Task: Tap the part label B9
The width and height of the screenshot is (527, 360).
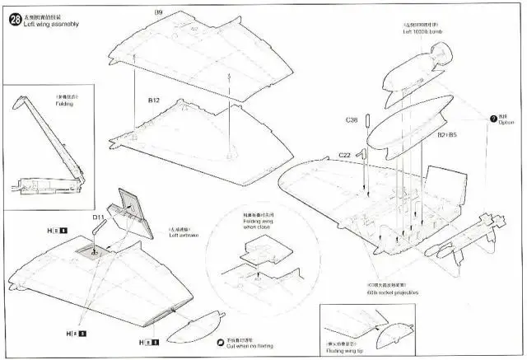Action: click(158, 12)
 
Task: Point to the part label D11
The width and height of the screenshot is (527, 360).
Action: click(98, 217)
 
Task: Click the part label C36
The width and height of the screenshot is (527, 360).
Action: click(352, 120)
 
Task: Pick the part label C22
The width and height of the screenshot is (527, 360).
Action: click(346, 155)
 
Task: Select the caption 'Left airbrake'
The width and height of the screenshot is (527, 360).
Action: click(185, 236)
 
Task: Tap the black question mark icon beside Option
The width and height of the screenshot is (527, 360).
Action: click(493, 118)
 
